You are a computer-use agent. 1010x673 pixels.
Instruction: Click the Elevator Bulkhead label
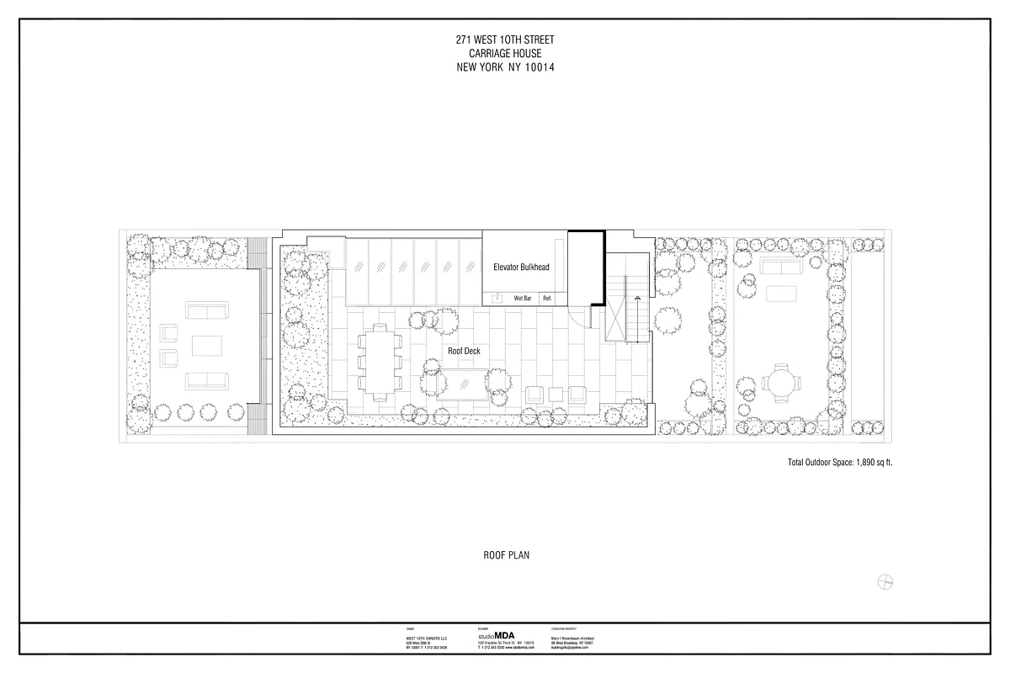pos(521,267)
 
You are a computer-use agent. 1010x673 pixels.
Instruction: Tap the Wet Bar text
pos(522,298)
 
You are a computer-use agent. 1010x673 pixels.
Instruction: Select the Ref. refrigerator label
pos(547,298)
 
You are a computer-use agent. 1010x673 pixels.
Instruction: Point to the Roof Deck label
pos(464,351)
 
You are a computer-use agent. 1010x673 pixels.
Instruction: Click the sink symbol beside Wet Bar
pos(497,297)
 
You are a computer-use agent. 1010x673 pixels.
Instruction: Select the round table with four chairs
pos(779,384)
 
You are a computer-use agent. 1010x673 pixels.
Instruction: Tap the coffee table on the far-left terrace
pos(206,347)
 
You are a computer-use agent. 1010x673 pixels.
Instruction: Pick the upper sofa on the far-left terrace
pos(206,312)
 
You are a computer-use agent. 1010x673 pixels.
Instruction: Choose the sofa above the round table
pos(779,267)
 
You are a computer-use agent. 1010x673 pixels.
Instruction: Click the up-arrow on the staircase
pos(638,298)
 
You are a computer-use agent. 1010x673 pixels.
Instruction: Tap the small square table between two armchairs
pos(556,394)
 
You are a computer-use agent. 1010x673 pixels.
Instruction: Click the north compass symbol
pos(885,581)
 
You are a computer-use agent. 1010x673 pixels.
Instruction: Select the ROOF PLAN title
pos(506,554)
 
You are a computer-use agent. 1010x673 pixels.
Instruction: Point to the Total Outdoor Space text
pos(839,462)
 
